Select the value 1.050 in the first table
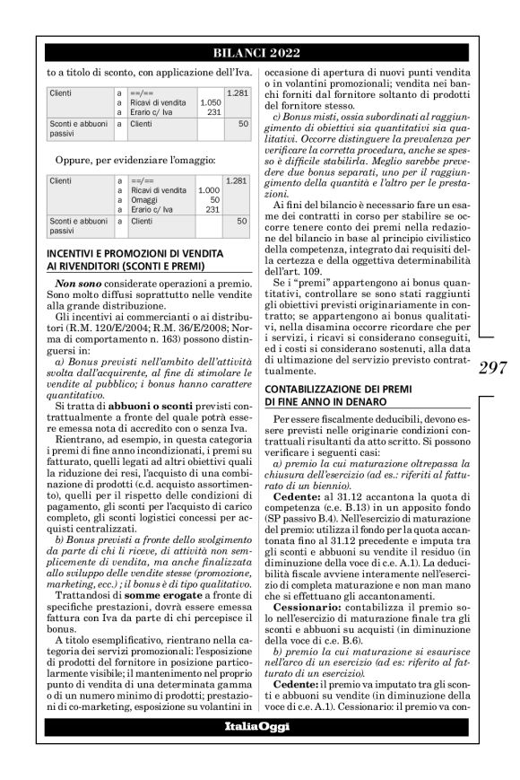(208, 103)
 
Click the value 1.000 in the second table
(208, 190)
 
